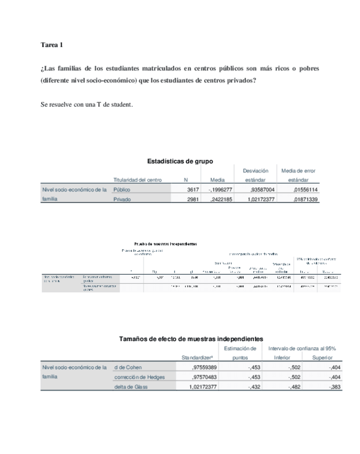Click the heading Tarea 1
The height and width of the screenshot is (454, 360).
click(x=52, y=45)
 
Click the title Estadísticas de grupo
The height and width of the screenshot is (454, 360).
click(x=180, y=161)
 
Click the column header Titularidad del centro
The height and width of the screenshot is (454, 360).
click(x=138, y=180)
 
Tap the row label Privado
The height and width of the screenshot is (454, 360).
click(x=122, y=199)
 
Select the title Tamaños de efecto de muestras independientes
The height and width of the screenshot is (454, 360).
click(x=191, y=339)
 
